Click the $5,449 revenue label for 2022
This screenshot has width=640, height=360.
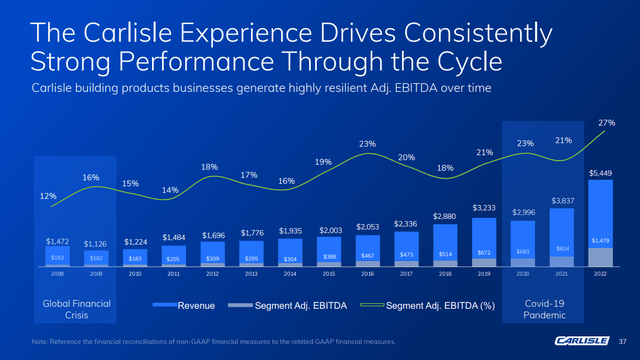point(599,173)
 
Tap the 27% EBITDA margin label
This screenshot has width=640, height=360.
point(605,123)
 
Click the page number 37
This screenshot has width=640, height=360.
point(622,341)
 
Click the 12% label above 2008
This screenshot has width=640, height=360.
point(47,196)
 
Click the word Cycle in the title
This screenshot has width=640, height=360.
point(452,62)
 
